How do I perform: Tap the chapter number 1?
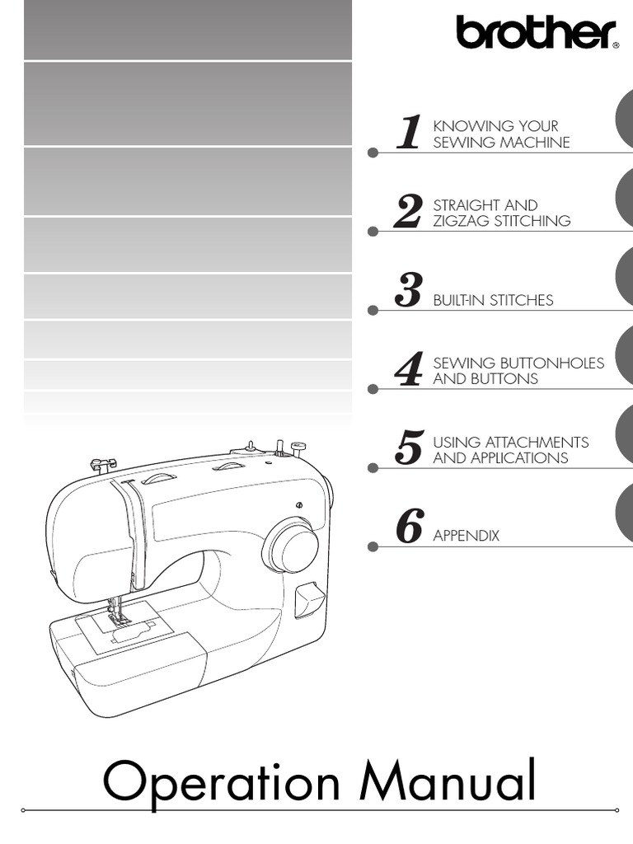click(409, 134)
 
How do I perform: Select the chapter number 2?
click(408, 213)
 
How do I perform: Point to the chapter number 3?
click(408, 291)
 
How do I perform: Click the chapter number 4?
click(409, 370)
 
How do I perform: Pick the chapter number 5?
click(409, 448)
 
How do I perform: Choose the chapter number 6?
click(409, 527)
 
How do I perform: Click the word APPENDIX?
click(466, 536)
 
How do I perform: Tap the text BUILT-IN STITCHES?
click(493, 300)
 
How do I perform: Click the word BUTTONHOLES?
click(551, 363)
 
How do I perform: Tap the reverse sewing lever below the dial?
click(308, 599)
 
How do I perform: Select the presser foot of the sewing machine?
click(119, 618)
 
